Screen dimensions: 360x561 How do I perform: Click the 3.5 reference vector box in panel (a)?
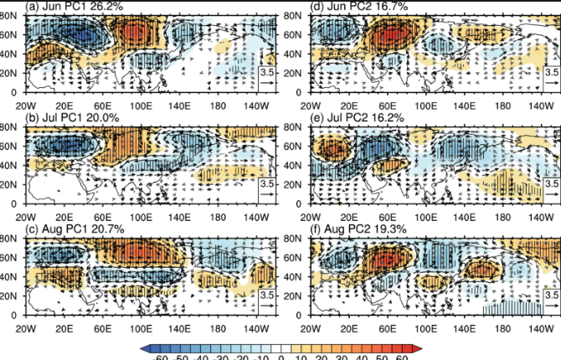[267, 75]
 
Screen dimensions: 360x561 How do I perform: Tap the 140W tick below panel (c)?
[255, 330]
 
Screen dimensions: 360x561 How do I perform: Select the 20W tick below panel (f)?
[311, 330]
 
